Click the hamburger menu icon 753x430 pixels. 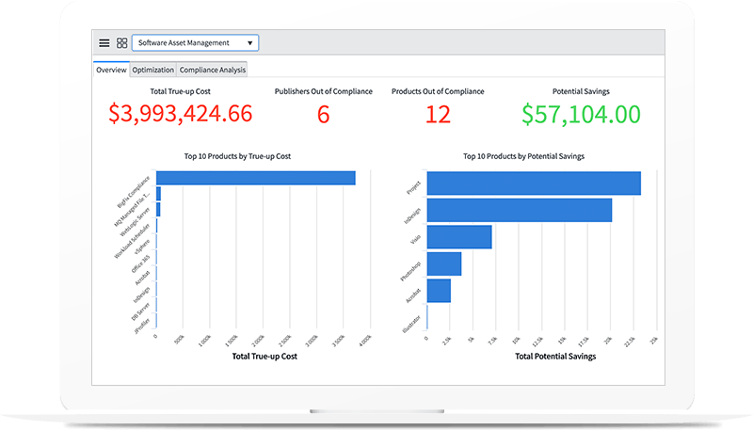click(104, 43)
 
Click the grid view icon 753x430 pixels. click(122, 43)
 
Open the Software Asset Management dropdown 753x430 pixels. click(195, 43)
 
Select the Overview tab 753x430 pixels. click(111, 70)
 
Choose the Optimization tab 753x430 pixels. click(152, 70)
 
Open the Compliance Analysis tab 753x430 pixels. click(212, 70)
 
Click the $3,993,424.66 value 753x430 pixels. click(181, 114)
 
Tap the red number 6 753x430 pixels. click(323, 115)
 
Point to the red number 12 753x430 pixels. click(438, 115)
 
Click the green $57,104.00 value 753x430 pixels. click(583, 115)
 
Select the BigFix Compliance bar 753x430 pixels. click(255, 178)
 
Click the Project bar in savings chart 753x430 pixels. click(534, 183)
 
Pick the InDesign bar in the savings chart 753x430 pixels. click(520, 210)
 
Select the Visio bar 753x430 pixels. click(459, 237)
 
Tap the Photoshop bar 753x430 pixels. click(444, 263)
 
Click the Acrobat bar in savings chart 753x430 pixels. click(439, 291)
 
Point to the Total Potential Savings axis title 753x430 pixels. click(541, 356)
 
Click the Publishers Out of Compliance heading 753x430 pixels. click(323, 91)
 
